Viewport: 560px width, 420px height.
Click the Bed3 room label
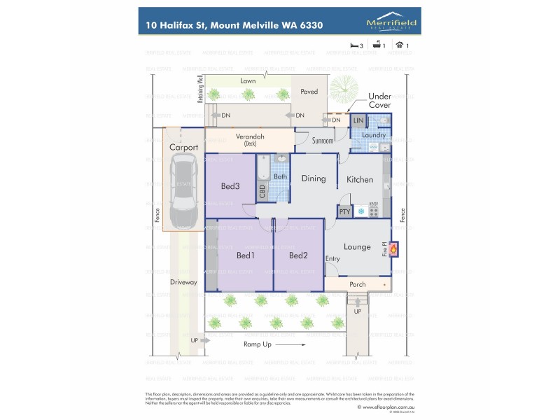pyautogui.click(x=230, y=186)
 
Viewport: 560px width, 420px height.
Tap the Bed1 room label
pyautogui.click(x=245, y=255)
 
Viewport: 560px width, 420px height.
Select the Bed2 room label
pyautogui.click(x=298, y=255)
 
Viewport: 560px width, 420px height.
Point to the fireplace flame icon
pyautogui.click(x=393, y=248)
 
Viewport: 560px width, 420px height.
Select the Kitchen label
pyautogui.click(x=360, y=180)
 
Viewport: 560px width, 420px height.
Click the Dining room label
pyautogui.click(x=314, y=178)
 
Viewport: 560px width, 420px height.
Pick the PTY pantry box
pyautogui.click(x=344, y=211)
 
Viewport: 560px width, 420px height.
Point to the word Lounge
pyautogui.click(x=357, y=247)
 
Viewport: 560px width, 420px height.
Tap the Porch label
pyautogui.click(x=358, y=284)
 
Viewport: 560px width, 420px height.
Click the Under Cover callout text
pyautogui.click(x=379, y=100)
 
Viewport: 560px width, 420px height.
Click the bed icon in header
pyautogui.click(x=355, y=45)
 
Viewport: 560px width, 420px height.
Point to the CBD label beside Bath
pyautogui.click(x=262, y=192)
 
